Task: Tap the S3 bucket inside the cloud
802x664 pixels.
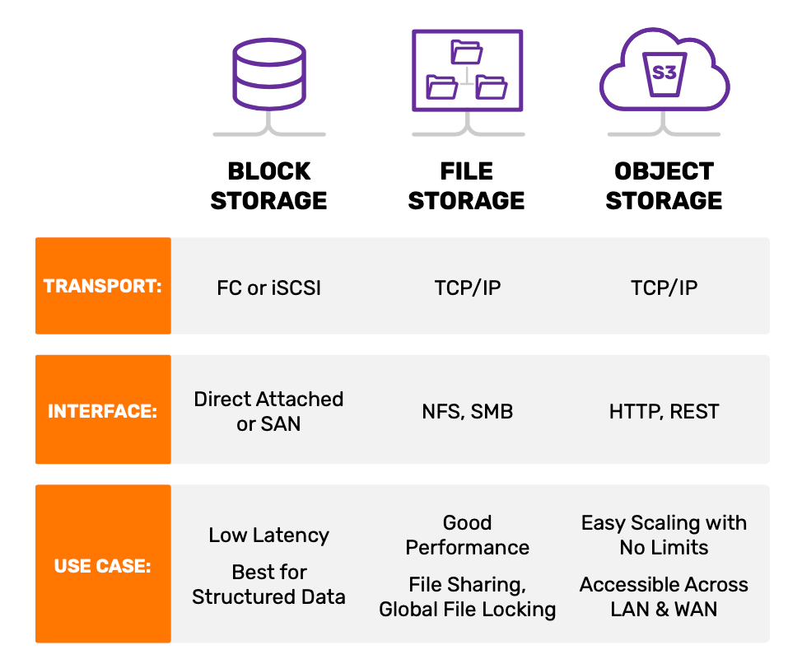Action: click(x=664, y=73)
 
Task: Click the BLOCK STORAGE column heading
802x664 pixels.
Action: click(x=268, y=186)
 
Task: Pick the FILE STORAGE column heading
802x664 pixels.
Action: click(x=467, y=186)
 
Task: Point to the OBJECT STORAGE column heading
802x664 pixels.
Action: click(x=664, y=186)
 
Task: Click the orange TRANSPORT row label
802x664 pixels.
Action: click(x=103, y=286)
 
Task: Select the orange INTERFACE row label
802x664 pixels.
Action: click(x=103, y=410)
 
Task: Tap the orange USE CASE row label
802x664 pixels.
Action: click(x=103, y=566)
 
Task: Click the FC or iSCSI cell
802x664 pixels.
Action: click(x=268, y=287)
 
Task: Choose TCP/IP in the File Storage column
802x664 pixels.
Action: click(x=468, y=287)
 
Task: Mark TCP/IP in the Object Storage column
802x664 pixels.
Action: click(x=664, y=287)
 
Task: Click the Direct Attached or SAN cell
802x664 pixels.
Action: click(x=268, y=411)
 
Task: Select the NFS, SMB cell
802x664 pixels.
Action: click(x=467, y=411)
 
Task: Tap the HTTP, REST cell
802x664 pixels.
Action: click(x=664, y=411)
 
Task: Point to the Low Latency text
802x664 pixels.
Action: click(x=268, y=535)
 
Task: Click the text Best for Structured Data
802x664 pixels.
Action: click(x=268, y=585)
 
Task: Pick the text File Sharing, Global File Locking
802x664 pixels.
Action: click(x=467, y=597)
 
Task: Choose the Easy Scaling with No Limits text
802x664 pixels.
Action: click(x=664, y=535)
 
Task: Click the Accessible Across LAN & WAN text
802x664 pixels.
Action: click(x=664, y=597)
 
